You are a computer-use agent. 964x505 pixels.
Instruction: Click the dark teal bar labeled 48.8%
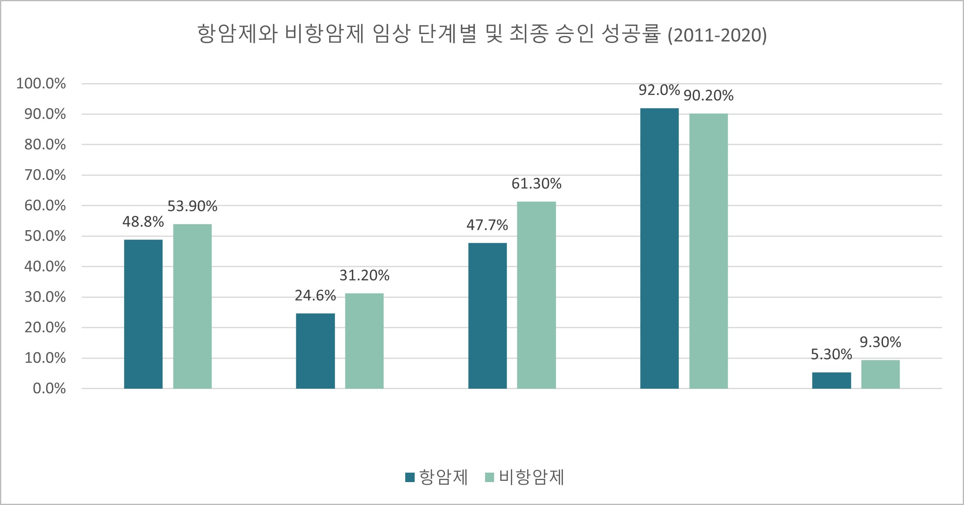143,314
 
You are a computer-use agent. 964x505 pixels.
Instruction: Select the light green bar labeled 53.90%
192,306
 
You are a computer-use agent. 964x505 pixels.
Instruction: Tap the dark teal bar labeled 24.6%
315,351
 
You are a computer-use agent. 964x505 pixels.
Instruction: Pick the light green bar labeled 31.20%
364,341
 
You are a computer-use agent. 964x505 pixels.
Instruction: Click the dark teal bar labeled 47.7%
487,316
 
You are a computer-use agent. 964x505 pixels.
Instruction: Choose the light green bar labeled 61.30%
536,295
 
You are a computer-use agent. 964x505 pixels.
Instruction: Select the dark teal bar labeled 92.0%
659,248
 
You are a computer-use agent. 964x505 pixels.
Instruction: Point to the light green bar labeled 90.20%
709,251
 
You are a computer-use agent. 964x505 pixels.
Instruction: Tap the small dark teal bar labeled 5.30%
831,380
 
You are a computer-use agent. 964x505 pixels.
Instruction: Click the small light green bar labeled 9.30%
880,374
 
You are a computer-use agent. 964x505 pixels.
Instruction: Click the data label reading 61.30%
536,184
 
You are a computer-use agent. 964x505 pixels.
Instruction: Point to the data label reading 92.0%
659,90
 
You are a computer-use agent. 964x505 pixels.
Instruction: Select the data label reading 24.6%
315,296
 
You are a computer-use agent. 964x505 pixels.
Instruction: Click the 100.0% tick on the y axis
41,84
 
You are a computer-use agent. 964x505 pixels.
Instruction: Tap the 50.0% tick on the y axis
45,236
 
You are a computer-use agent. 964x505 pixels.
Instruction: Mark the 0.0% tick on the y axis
49,389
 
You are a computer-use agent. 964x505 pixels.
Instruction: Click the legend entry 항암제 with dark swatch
437,477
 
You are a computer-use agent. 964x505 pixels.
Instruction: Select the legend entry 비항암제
525,477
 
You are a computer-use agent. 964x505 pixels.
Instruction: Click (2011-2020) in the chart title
717,35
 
